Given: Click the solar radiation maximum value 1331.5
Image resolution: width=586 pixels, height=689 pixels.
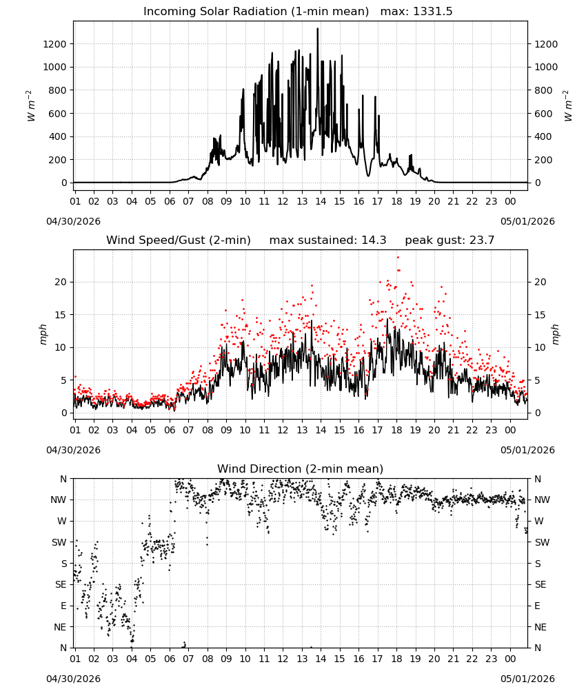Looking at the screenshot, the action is pos(432,12).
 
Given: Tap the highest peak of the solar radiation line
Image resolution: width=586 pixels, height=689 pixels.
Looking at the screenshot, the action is pos(317,29).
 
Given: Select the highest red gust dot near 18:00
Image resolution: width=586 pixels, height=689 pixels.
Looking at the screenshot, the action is pos(398,258).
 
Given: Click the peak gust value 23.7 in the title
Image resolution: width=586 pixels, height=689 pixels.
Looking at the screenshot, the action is pos(481,240).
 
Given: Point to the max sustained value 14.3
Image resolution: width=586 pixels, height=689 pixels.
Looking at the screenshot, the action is pos(374,240).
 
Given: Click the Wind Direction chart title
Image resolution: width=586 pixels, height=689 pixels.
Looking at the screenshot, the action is pos(301,469).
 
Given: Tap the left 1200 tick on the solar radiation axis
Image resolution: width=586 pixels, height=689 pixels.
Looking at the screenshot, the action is pos(54,44).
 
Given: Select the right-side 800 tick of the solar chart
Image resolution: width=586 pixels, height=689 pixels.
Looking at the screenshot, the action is pos(543,90).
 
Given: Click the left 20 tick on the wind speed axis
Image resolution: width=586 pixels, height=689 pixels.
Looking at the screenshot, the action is pos(61,282).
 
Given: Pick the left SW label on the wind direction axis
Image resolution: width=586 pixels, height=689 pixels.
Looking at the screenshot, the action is pos(59,542).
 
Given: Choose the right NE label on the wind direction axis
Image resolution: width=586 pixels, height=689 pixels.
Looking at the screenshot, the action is pos(541,627).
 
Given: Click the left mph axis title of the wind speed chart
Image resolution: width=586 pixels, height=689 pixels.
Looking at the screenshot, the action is pos(43,334).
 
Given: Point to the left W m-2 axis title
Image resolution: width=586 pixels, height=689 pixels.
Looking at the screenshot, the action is pos(30,105).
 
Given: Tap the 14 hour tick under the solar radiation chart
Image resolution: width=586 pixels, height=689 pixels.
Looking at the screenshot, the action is pos(321,201).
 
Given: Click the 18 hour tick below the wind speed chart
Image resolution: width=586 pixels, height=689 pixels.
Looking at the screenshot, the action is pos(396,430).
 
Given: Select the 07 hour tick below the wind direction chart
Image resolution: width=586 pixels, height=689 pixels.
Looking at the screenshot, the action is pos(188,659).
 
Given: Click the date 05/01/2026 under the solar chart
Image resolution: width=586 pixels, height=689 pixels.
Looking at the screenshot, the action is pos(527,221).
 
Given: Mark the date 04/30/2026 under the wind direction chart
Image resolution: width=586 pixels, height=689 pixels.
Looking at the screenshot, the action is pos(73,679).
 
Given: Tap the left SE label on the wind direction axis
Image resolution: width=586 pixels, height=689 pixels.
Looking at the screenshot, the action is pos(61,584).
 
